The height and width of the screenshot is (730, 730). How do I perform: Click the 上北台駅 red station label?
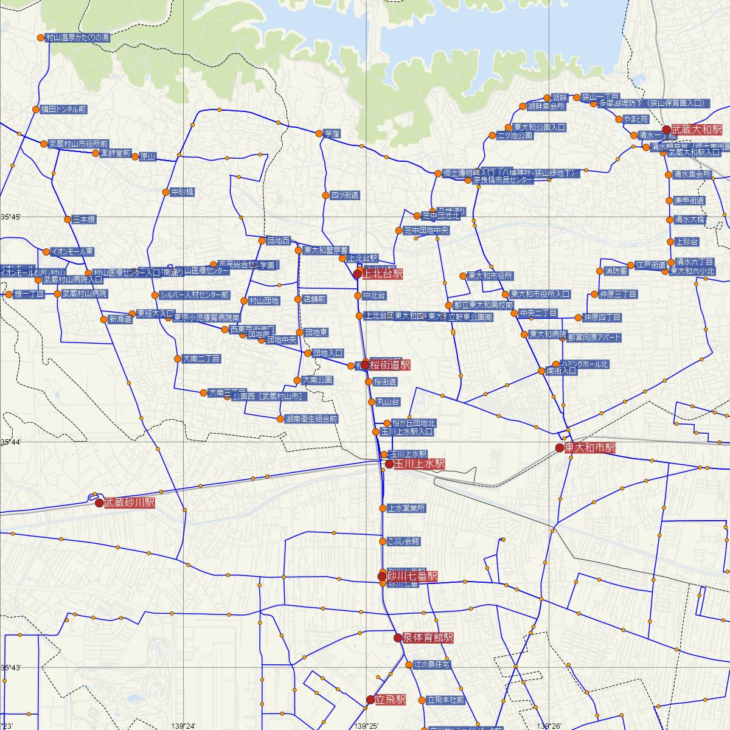pyautogui.click(x=382, y=274)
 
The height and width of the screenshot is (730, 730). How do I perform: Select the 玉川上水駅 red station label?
pyautogui.click(x=419, y=464)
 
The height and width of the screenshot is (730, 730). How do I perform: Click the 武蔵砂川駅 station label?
pyautogui.click(x=130, y=503)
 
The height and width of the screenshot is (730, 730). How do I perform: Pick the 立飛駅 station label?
pyautogui.click(x=391, y=700)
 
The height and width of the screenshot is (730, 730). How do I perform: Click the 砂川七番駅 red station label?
pyautogui.click(x=412, y=575)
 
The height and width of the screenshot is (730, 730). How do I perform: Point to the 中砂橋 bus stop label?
pyautogui.click(x=182, y=192)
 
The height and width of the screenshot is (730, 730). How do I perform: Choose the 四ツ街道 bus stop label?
pyautogui.click(x=344, y=195)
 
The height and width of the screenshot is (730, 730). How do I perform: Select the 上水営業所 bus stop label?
pyautogui.click(x=406, y=508)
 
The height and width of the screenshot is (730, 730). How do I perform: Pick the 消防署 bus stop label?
pyautogui.click(x=616, y=271)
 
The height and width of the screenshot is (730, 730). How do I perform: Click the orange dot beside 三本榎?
pyautogui.click(x=67, y=219)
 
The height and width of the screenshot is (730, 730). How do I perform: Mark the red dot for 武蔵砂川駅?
pyautogui.click(x=99, y=503)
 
